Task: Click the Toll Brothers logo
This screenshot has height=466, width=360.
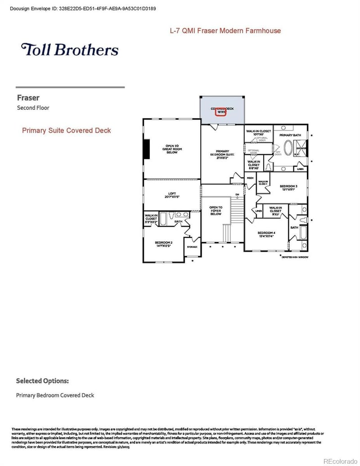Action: pyautogui.click(x=70, y=50)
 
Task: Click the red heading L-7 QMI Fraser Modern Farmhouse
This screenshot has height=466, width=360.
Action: pyautogui.click(x=225, y=31)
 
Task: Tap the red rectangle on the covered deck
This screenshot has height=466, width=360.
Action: pyautogui.click(x=220, y=112)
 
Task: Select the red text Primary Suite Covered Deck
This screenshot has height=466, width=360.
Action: pyautogui.click(x=67, y=131)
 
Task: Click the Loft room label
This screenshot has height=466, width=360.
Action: pyautogui.click(x=171, y=195)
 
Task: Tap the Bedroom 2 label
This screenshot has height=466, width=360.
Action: pyautogui.click(x=164, y=244)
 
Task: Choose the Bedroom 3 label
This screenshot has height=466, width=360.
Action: pyautogui.click(x=288, y=187)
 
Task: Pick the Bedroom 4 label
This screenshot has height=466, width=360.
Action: pyautogui.click(x=266, y=234)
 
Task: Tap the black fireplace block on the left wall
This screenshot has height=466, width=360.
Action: pyautogui.click(x=146, y=149)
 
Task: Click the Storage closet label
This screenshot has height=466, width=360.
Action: pyautogui.click(x=192, y=247)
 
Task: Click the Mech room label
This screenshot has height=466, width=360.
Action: pyautogui.click(x=250, y=178)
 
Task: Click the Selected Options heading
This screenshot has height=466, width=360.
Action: pyautogui.click(x=42, y=381)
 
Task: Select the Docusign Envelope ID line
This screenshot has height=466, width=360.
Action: pyautogui.click(x=83, y=8)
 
